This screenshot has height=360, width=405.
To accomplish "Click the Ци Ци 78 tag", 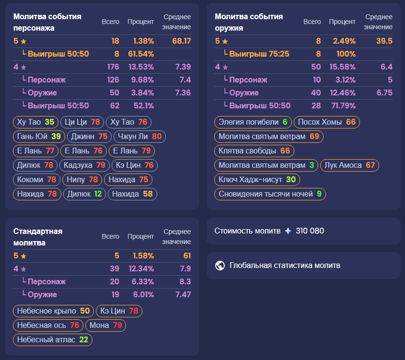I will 82,122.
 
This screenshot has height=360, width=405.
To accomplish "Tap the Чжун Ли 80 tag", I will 140,137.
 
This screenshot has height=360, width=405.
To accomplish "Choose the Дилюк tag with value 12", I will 84,194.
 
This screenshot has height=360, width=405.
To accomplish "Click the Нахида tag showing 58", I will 132,194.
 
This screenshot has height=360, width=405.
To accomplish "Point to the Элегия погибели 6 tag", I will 253,122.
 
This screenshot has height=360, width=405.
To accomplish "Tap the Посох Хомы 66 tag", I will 326,122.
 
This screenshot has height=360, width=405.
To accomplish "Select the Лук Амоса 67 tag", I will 349,165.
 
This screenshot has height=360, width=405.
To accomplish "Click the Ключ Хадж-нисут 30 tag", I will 257,180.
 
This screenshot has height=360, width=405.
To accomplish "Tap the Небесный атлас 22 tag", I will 52,340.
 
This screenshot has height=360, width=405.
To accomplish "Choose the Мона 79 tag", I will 105,325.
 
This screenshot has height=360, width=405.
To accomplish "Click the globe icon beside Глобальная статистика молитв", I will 220,266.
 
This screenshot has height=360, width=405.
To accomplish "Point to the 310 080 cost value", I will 310,231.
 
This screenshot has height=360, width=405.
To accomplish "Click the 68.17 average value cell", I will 181,41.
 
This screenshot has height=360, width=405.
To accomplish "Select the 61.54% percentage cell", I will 141,54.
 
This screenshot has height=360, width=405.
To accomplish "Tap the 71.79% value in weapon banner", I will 342,105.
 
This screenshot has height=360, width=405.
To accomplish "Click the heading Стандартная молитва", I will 38,237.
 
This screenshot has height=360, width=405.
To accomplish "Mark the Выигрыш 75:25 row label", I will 259,54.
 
